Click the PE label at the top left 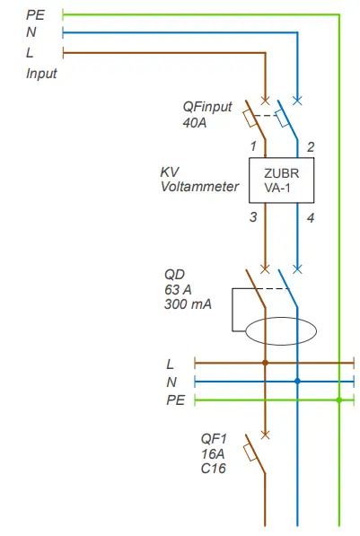(35, 14)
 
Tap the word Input (41, 74)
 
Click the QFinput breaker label (207, 106)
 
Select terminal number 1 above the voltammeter (254, 145)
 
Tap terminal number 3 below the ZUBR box (254, 216)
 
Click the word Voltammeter (200, 187)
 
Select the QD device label (175, 273)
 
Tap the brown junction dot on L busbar (265, 364)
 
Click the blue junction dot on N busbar (297, 382)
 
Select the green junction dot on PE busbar (339, 400)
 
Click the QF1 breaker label (215, 438)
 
